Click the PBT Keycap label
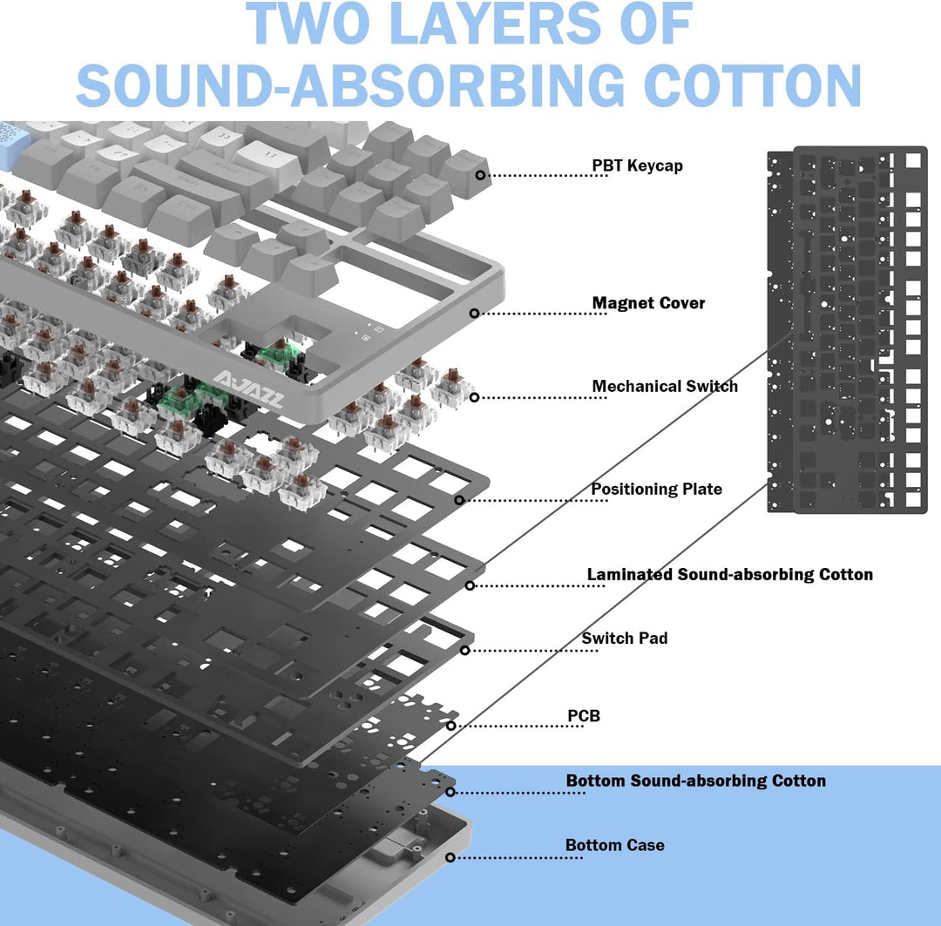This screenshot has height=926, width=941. tap(637, 166)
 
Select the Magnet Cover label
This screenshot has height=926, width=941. tap(648, 303)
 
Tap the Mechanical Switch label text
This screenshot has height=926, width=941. tap(665, 386)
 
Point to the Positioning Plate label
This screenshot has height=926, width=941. tap(657, 489)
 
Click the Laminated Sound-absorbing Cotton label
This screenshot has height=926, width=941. tap(730, 574)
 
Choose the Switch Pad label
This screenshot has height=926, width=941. tap(624, 638)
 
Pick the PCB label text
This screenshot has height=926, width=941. tap(584, 716)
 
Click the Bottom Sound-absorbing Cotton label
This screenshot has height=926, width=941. tap(696, 781)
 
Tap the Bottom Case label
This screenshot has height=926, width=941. tap(614, 845)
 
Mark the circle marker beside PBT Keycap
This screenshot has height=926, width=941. tap(480, 174)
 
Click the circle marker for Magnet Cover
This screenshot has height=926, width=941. tap(474, 313)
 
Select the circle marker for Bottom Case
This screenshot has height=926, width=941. tap(450, 857)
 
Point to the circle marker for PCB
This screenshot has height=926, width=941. tap(450, 726)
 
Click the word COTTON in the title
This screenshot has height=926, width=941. tap(753, 85)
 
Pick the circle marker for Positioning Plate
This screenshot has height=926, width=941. tap(459, 500)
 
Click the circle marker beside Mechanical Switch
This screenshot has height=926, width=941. tap(474, 397)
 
